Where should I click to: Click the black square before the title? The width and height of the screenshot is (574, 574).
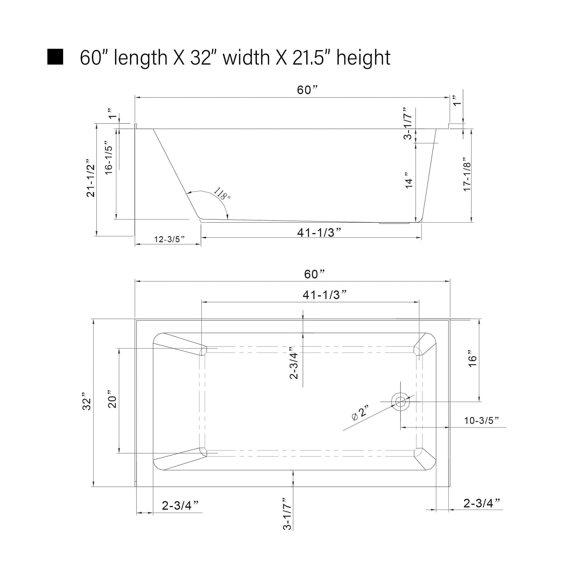point(55,57)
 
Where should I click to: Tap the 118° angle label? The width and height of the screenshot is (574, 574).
point(222,194)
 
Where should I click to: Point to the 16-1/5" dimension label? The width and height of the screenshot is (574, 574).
point(109,160)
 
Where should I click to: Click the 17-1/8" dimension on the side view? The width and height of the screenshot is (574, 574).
point(467,175)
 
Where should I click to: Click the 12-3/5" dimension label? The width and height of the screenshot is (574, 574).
point(169,239)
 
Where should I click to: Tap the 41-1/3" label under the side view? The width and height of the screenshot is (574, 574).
point(319,233)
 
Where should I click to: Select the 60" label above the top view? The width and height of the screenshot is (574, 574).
point(315,274)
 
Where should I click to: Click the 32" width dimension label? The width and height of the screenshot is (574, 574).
point(86,403)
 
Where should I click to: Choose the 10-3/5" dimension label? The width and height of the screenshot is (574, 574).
point(481,420)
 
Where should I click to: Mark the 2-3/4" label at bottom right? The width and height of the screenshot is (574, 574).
point(482,503)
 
